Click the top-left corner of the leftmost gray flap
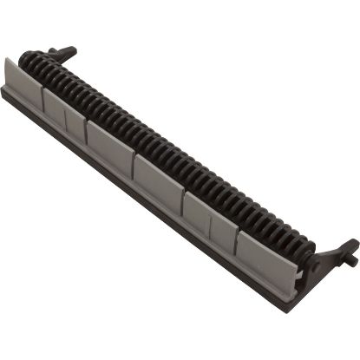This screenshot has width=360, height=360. [x=9, y=59]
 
